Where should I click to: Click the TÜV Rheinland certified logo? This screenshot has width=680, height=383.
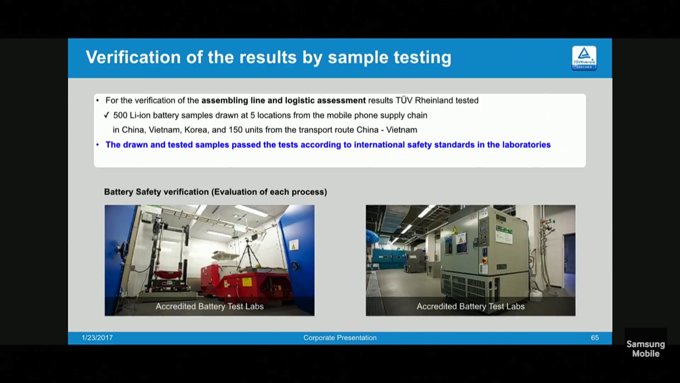coord(584,58)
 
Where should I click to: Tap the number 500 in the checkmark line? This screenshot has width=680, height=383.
coord(120,115)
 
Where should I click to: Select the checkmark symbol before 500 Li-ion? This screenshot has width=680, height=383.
coord(106,115)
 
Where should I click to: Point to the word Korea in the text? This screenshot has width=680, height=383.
coord(196,130)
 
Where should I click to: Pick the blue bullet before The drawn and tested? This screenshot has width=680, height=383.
coord(97,145)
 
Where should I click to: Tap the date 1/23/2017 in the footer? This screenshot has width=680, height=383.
coord(97,338)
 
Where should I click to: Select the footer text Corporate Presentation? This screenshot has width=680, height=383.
coord(340,338)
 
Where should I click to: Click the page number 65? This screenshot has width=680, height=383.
coord(595,338)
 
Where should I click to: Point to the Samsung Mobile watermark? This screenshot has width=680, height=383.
coord(646,349)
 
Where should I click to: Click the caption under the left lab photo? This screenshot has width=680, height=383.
coord(210,306)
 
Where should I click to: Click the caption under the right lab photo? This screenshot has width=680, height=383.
coord(470,306)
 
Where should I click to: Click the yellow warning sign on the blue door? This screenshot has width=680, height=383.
coord(293,245)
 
